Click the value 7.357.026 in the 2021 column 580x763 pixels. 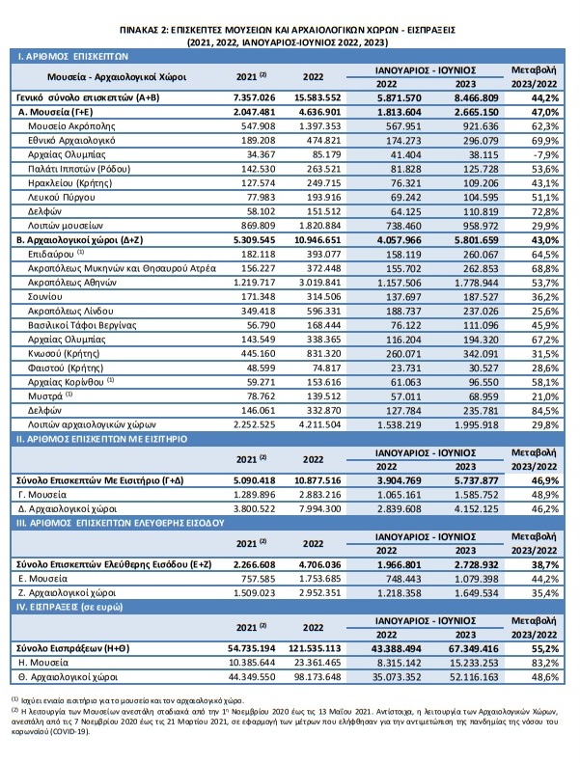(254, 97)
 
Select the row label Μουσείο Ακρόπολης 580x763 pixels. (71, 126)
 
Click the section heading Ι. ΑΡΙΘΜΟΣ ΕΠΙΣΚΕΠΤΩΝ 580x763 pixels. (73, 57)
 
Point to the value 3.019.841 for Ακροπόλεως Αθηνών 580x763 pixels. (320, 283)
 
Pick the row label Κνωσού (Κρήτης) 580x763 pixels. (64, 354)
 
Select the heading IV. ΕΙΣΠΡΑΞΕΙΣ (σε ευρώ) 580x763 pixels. (69, 608)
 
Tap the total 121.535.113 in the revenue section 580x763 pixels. (318, 648)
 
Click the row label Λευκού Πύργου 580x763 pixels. (62, 198)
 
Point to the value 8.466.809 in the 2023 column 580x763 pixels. (477, 97)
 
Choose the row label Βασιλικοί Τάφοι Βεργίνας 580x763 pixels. (82, 325)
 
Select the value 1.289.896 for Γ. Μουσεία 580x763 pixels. (254, 495)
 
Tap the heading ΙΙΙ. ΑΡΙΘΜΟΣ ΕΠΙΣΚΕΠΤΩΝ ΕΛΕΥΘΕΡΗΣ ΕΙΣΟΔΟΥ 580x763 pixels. (121, 523)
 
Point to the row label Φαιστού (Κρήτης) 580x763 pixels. (66, 368)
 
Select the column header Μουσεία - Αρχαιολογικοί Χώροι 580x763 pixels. (117, 77)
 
